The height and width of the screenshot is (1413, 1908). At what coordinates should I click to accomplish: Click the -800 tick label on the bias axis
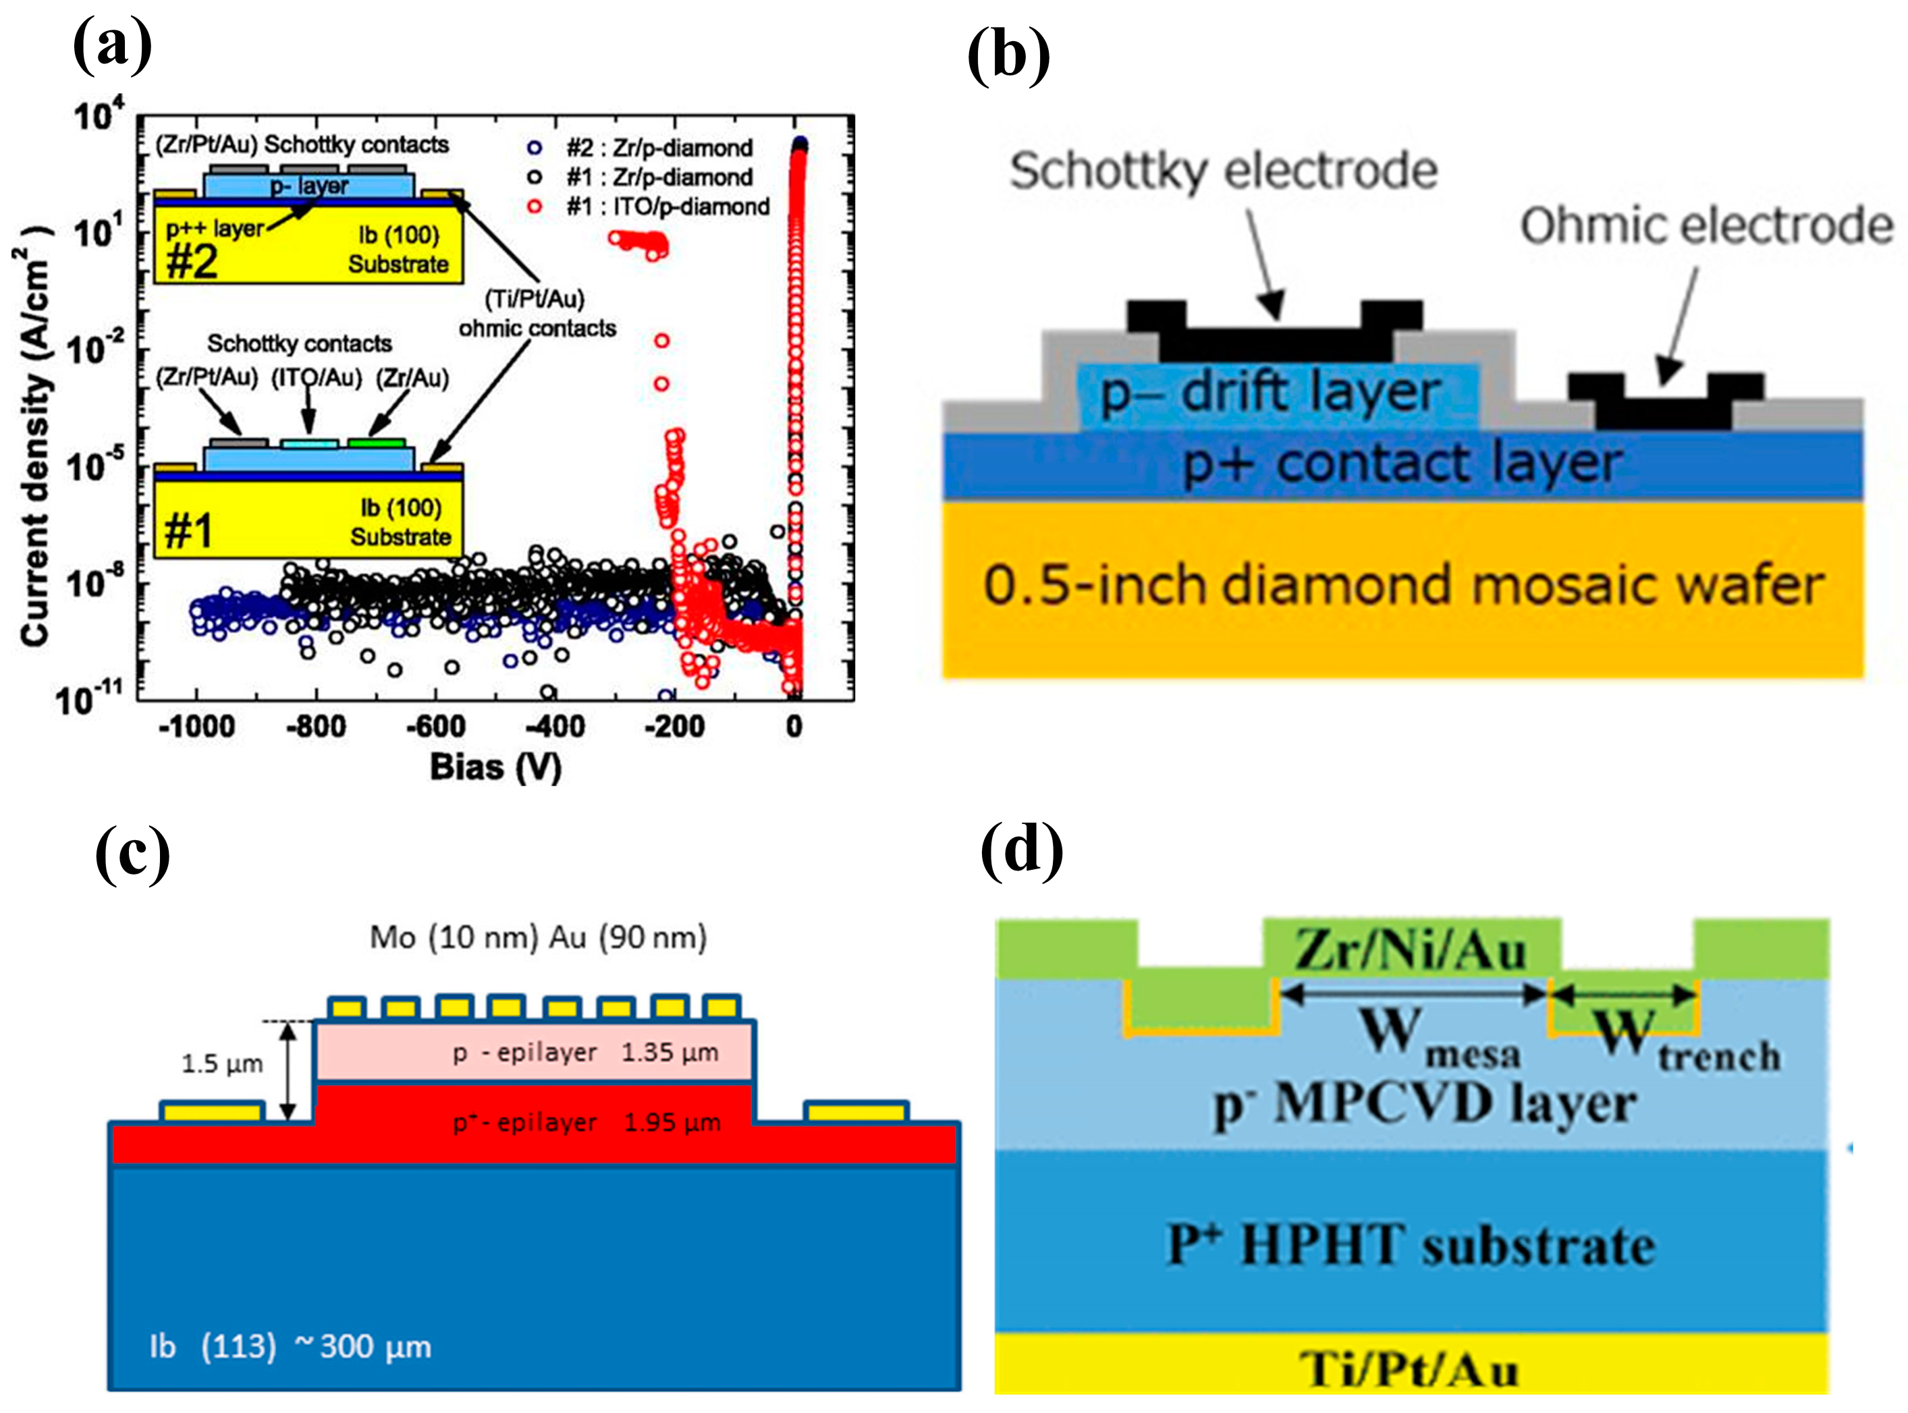(316, 727)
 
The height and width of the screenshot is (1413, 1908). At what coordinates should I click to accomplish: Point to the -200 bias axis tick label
(674, 727)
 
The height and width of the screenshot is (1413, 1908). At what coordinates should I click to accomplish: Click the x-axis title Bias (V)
(495, 767)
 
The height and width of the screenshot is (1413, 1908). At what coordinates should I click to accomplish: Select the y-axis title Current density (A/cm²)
(35, 436)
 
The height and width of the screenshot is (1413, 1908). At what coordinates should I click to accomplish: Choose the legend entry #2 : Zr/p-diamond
(659, 148)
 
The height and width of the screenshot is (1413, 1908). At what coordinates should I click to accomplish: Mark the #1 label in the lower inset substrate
(188, 531)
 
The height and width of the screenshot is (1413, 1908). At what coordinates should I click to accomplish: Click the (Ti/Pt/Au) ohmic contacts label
(537, 313)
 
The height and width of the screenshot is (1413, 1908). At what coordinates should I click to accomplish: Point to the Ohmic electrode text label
(1706, 227)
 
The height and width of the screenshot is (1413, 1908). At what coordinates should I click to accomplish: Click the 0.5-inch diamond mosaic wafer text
(1403, 586)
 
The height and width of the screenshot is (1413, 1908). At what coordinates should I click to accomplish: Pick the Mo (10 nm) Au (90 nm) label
(538, 937)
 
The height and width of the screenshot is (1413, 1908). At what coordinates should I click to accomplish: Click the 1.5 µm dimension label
(221, 1064)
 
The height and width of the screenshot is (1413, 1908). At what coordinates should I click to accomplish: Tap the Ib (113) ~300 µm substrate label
(290, 1346)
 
